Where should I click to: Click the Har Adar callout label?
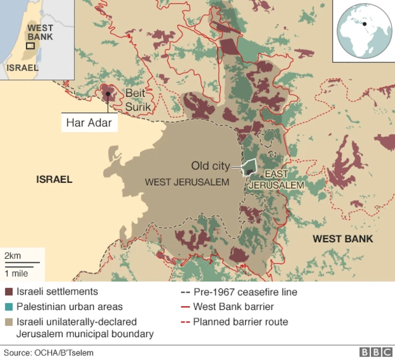[89, 122]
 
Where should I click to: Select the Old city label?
[210, 166]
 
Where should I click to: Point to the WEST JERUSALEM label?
[186, 182]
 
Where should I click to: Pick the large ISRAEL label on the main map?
[54, 180]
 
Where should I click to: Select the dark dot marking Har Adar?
[107, 94]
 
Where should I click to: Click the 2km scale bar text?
[13, 256]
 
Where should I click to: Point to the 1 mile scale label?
[17, 272]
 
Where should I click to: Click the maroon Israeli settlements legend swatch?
[9, 291]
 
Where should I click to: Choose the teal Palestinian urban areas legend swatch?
[9, 306]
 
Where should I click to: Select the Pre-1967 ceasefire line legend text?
[245, 291]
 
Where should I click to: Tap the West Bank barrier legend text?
[233, 306]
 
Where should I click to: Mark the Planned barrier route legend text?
[240, 322]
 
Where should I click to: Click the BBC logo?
[375, 352]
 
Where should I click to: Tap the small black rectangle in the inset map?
[30, 46]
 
